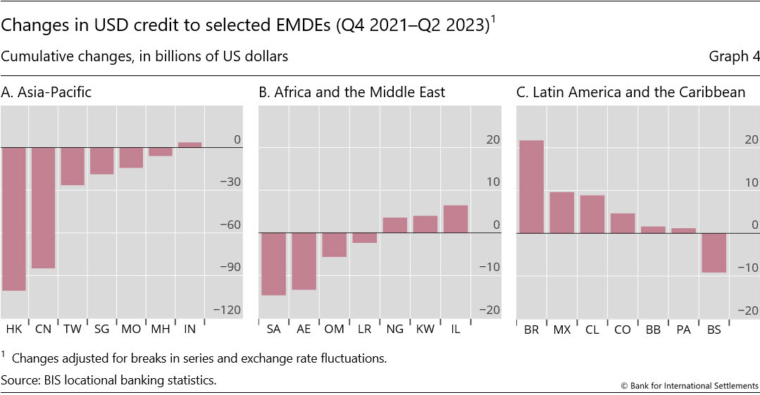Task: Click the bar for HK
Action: [x=13, y=219]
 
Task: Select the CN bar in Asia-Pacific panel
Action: [x=43, y=208]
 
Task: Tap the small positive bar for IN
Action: [x=189, y=144]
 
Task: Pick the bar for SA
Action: [x=273, y=263]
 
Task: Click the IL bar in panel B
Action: [x=455, y=219]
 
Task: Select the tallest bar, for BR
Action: [x=531, y=187]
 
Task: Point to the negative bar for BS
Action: [x=714, y=252]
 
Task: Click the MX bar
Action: [x=561, y=212]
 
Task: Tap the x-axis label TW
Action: [x=73, y=329]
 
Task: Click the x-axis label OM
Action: [x=334, y=329]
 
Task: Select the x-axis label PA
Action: [x=683, y=329]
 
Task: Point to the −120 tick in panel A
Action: [x=230, y=311]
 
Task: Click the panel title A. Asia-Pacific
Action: [x=46, y=92]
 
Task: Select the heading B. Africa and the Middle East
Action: [x=351, y=92]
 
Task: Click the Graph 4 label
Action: [x=734, y=57]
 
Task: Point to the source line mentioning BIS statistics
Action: [x=108, y=380]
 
